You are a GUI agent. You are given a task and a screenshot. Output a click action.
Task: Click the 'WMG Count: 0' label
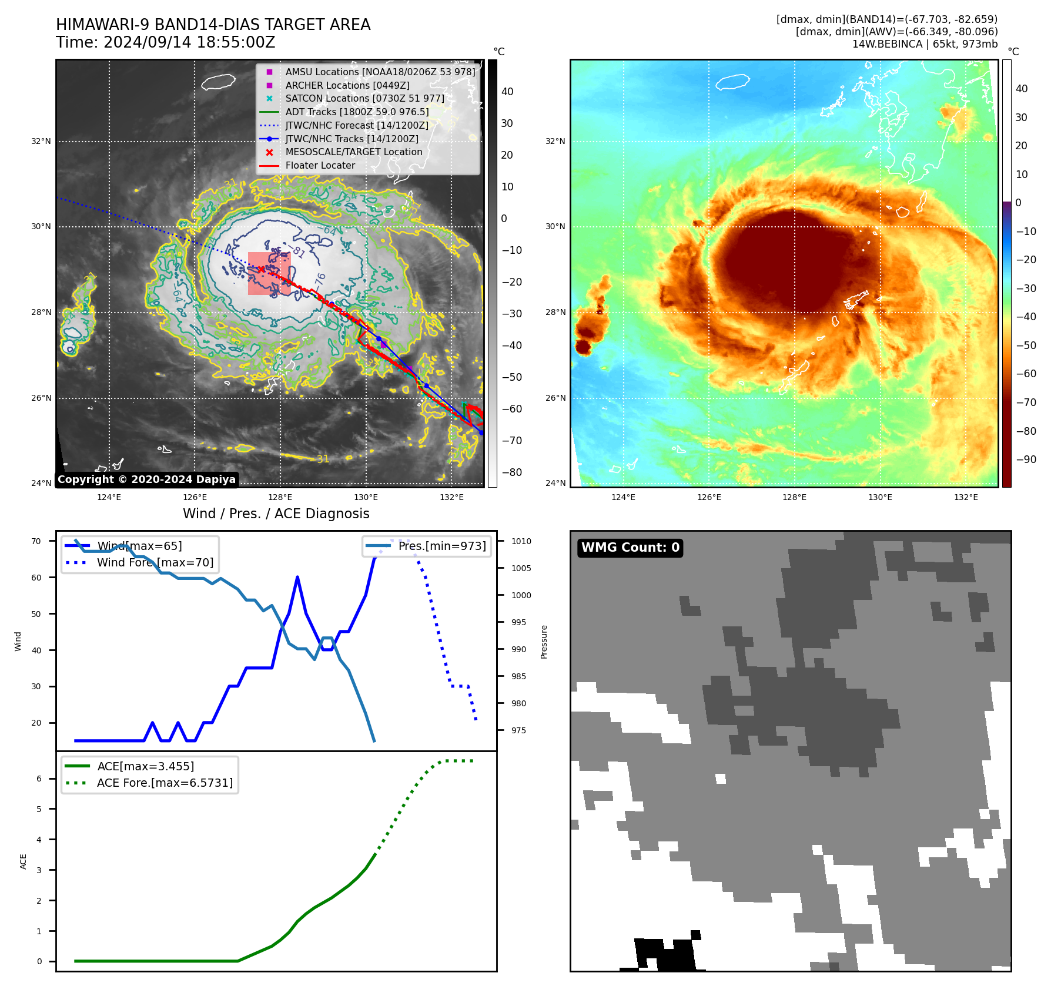click(x=630, y=548)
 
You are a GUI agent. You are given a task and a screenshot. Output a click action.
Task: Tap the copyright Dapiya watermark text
click(x=146, y=479)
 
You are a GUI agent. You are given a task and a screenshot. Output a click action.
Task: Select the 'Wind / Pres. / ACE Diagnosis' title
click(x=276, y=514)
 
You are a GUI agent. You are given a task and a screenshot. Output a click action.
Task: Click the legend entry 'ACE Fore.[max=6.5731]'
click(x=165, y=783)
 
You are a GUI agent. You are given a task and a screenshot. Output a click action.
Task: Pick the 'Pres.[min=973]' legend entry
click(x=441, y=546)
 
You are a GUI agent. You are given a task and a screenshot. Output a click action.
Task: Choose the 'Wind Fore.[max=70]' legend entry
click(x=155, y=562)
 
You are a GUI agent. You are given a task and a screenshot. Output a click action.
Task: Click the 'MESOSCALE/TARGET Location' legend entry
click(x=353, y=152)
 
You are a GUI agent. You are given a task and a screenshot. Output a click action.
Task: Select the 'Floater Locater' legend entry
click(x=320, y=165)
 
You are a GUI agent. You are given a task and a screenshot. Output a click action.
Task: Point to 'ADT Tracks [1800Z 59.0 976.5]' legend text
click(x=357, y=112)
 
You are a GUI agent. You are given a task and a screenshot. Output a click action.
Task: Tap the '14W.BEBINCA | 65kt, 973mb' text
click(x=925, y=44)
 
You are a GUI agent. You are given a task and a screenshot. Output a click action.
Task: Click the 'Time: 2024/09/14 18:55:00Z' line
click(x=165, y=42)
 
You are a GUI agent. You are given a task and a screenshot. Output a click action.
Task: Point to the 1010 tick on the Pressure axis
click(x=521, y=541)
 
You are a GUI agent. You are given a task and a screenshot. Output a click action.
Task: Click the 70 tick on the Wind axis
click(x=36, y=541)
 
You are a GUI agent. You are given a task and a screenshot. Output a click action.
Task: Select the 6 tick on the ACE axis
click(x=39, y=779)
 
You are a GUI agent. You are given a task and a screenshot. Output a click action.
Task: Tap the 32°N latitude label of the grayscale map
click(x=41, y=141)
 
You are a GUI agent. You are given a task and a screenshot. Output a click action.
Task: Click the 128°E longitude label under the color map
click(x=794, y=497)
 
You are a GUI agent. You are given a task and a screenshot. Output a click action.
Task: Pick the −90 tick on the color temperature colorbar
click(x=1026, y=459)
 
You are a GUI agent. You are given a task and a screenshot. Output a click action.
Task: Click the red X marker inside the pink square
click(x=261, y=269)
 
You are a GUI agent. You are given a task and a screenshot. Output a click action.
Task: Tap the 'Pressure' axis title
click(x=544, y=642)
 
